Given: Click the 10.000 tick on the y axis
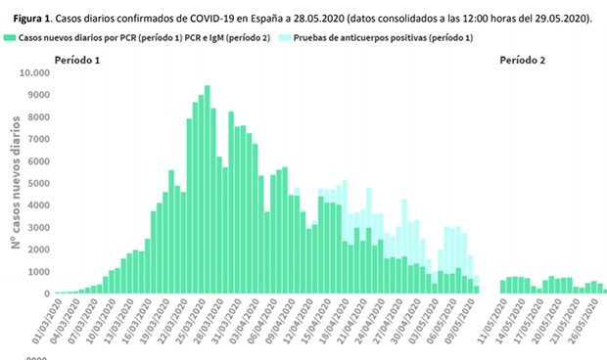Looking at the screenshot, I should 62,72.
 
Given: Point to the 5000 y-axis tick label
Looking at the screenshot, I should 65,183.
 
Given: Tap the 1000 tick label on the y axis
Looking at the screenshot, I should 65,271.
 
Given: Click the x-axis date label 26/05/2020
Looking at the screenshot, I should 591,318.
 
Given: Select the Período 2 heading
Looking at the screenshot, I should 523,61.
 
